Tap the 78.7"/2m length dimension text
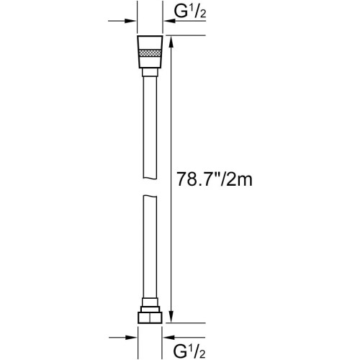click(x=215, y=179)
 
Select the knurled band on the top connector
click(x=150, y=53)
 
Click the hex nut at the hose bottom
click(x=150, y=318)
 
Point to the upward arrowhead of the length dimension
click(x=171, y=42)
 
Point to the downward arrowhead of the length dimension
click(x=171, y=317)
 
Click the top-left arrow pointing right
click(x=122, y=21)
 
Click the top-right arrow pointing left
click(x=185, y=21)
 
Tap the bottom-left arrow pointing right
click(x=122, y=338)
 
